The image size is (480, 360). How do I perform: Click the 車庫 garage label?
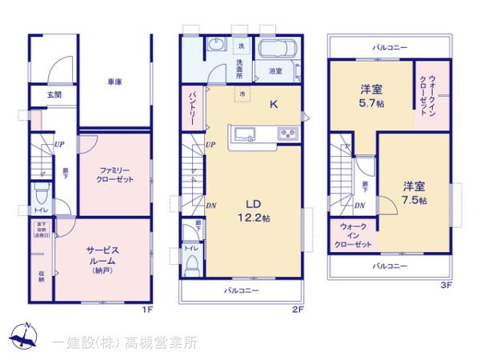point(115,82)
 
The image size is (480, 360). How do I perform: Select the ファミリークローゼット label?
point(114,176)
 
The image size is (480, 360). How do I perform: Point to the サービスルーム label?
point(102,255)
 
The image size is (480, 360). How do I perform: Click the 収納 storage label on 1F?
point(41,277)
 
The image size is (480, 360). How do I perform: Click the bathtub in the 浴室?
point(279,51)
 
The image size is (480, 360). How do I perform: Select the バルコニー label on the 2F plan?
point(242,291)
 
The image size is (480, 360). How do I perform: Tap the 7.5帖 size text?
point(414,200)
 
